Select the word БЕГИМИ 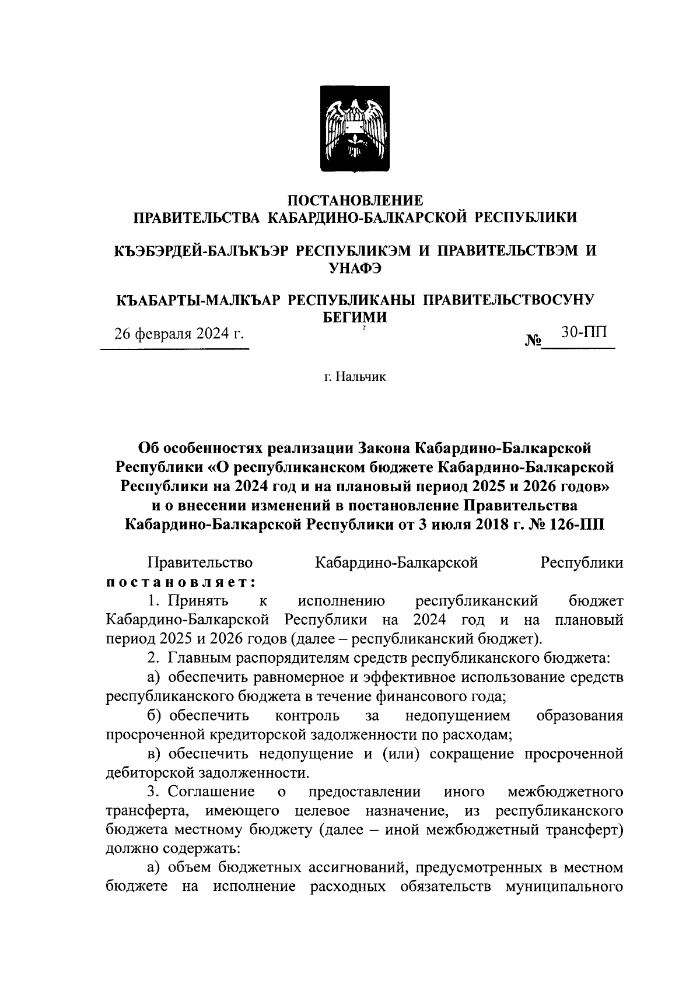point(355,317)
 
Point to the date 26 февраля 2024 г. point(178,334)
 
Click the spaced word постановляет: point(180,582)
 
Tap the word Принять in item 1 point(198,601)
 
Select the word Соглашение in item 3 point(211,792)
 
